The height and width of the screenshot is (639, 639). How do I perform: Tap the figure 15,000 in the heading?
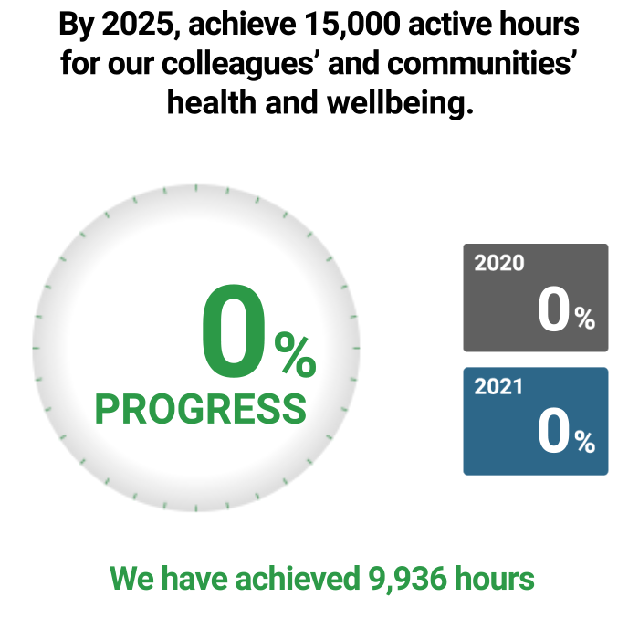coord(352,24)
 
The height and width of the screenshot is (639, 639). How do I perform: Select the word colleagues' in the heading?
coord(237,64)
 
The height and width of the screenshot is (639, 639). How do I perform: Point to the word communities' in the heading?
coord(483,63)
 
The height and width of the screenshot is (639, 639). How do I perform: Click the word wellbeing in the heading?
coord(400,102)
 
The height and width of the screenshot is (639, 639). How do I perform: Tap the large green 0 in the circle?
coord(234,330)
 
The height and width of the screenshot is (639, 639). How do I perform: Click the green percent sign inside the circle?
coord(296,354)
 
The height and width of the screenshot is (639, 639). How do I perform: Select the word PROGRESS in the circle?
coord(201,409)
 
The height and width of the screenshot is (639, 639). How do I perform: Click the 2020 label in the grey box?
coord(499,263)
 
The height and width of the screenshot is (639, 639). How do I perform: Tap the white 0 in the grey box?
coord(553,309)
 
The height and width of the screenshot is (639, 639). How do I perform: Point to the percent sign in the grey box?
coord(585,318)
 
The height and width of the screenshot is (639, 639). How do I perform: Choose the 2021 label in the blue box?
coord(498,386)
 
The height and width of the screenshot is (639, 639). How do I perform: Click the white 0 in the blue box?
coord(553,431)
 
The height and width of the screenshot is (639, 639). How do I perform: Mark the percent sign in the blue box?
coord(585,442)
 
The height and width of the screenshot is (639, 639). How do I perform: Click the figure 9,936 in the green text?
coord(407,578)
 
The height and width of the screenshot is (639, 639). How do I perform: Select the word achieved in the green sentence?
coord(298,578)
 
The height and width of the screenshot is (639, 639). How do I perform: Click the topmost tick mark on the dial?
coord(196,188)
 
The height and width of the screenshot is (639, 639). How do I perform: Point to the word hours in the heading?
coord(539,24)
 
